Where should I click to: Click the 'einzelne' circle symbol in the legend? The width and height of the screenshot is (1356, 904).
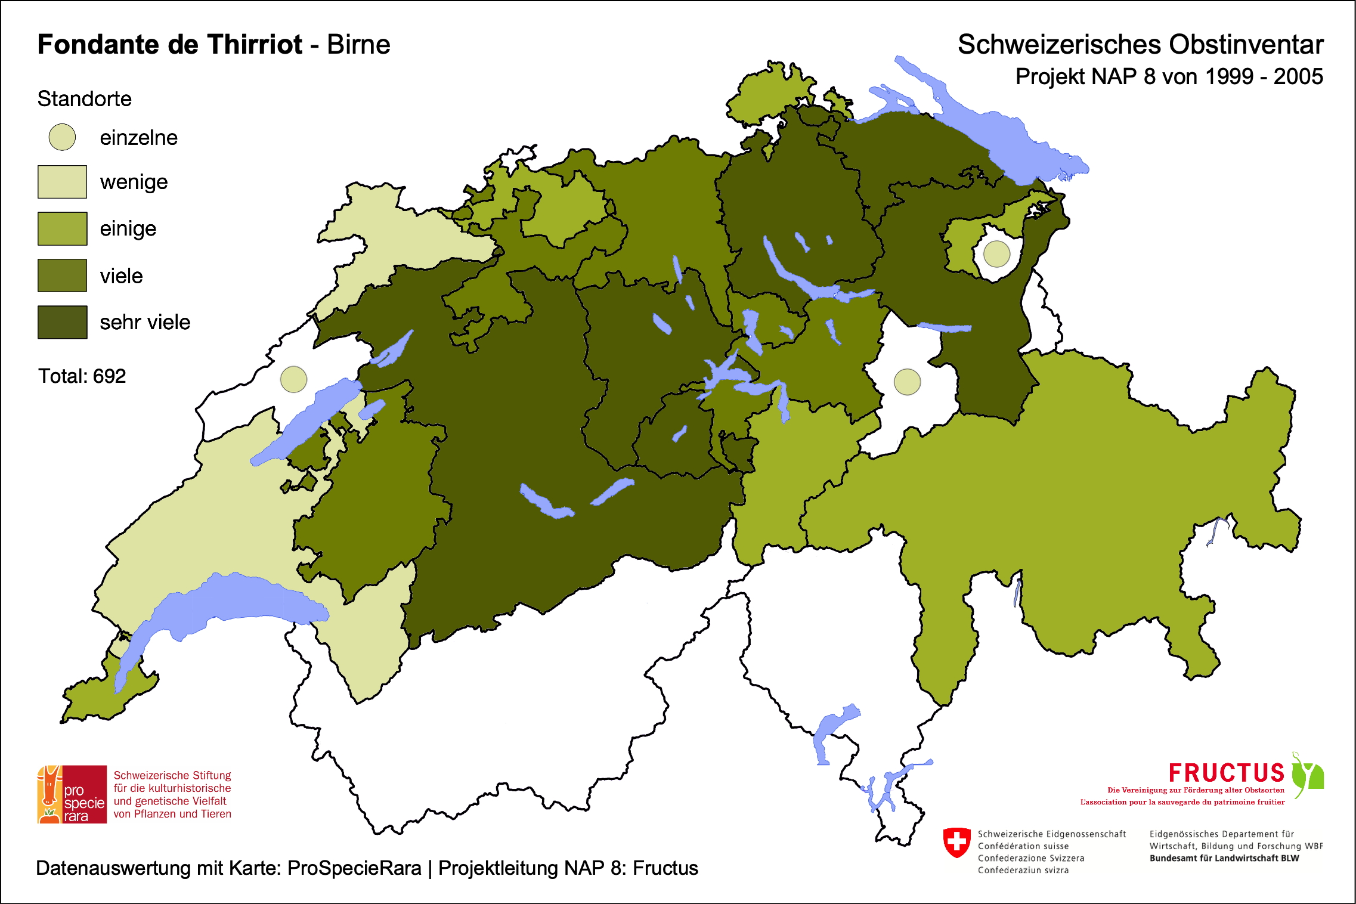click(62, 137)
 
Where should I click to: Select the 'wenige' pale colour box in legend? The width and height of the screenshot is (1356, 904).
click(62, 182)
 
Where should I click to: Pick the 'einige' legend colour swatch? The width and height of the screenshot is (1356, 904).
click(62, 228)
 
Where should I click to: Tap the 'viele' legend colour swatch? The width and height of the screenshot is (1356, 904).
click(62, 275)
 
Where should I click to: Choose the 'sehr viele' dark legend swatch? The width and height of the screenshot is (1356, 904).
click(62, 322)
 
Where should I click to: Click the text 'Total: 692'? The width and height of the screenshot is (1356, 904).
click(82, 376)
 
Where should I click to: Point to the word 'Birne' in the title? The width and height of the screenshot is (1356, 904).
click(358, 45)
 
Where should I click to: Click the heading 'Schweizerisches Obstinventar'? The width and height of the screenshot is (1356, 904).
click(1140, 45)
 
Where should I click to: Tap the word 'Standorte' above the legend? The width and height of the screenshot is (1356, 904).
click(84, 99)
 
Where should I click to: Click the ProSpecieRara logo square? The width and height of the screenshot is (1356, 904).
click(72, 794)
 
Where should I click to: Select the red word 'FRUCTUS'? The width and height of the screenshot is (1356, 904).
click(1226, 773)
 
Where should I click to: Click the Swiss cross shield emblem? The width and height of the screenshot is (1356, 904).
click(957, 843)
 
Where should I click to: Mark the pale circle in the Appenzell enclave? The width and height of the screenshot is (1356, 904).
click(996, 254)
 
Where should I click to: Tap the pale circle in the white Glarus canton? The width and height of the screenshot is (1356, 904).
click(907, 382)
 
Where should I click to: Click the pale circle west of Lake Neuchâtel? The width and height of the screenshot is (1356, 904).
click(293, 379)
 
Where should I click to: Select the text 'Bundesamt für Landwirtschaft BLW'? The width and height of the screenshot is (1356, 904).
click(1224, 858)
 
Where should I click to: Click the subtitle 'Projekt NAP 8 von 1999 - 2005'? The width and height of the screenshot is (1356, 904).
click(1169, 77)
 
